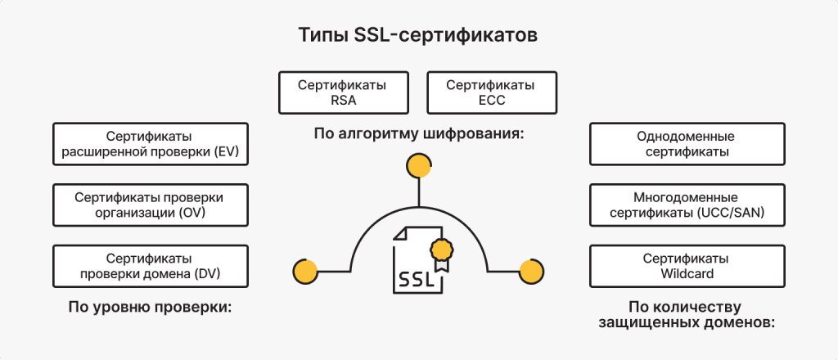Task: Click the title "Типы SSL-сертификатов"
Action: [418, 36]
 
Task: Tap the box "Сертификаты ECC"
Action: [492, 92]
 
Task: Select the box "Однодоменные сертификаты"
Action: [687, 143]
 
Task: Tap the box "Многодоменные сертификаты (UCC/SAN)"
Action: [687, 205]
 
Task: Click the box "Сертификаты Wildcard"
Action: [687, 266]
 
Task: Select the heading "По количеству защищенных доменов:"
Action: [687, 315]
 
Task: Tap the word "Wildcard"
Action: [687, 273]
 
